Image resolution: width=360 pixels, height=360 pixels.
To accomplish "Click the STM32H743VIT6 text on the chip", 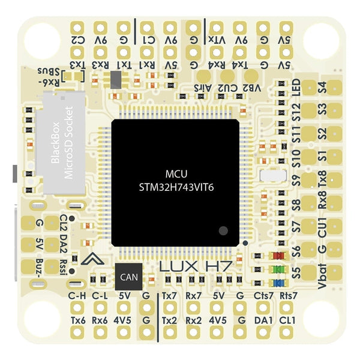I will coord(176,187).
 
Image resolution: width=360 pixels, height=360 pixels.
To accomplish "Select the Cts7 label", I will coord(263,295).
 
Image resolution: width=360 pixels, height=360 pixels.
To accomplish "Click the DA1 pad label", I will coord(263,320).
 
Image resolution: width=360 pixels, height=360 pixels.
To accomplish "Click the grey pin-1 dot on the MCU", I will coord(223,230).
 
